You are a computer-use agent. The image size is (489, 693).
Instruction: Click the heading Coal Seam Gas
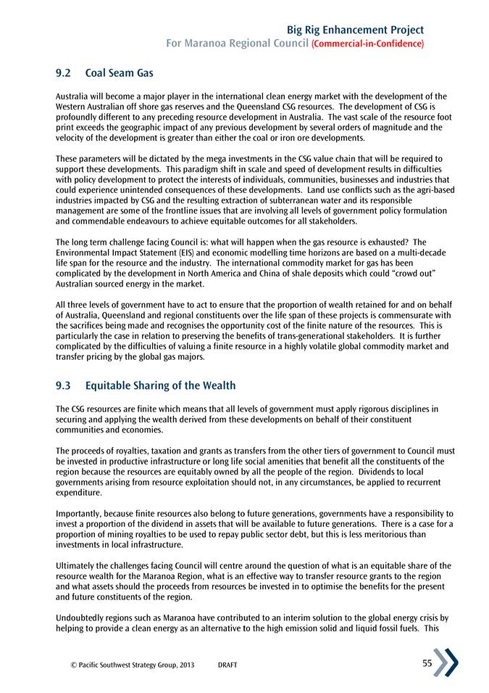(120, 73)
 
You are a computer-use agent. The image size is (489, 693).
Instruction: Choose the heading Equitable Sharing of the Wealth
(160, 385)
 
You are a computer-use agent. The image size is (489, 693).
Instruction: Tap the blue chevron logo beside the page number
(446, 663)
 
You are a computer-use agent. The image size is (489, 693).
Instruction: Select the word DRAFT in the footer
(227, 665)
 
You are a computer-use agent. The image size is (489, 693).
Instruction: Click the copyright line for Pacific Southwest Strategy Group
(122, 665)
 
